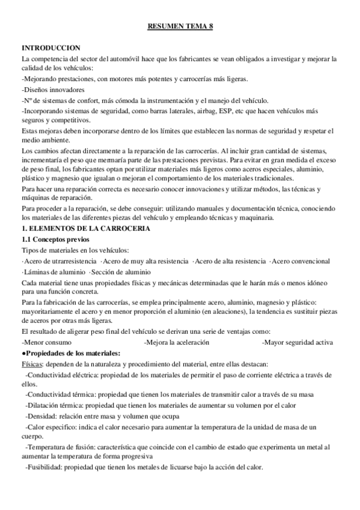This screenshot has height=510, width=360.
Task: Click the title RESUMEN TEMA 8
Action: pyautogui.click(x=180, y=26)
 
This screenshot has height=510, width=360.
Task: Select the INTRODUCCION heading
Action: pyautogui.click(x=52, y=48)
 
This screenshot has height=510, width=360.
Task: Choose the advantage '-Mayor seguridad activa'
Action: pyautogui.click(x=297, y=342)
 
